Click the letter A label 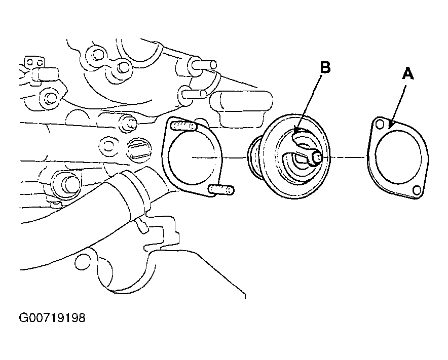[408, 73]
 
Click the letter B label [325, 68]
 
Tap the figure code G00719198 [52, 318]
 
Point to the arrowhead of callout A [391, 126]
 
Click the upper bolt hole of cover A [380, 124]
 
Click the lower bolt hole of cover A [417, 189]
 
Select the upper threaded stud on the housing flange [184, 126]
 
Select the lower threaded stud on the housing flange [221, 189]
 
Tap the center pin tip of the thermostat [318, 158]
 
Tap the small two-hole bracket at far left [34, 62]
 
